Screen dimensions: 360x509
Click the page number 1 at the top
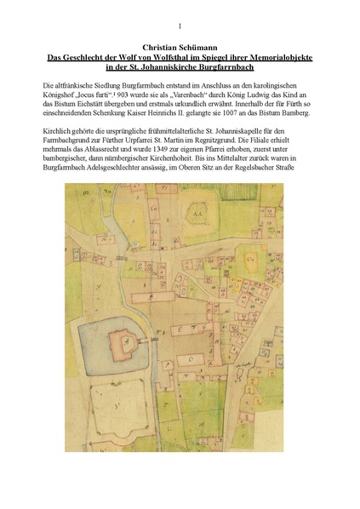(180, 26)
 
